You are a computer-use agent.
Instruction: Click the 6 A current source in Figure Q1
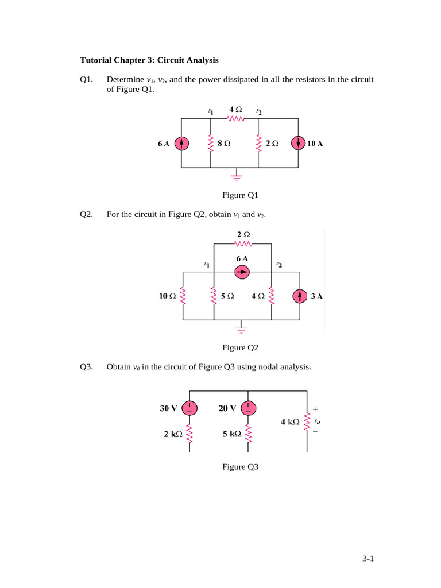[181, 144]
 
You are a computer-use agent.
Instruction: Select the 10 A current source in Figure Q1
[298, 144]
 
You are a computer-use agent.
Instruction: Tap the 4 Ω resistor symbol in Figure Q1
[236, 119]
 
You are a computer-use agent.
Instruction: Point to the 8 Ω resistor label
[224, 144]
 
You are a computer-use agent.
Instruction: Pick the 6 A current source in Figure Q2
[242, 272]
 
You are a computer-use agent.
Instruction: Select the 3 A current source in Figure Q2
[299, 296]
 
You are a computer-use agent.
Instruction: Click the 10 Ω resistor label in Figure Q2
[168, 296]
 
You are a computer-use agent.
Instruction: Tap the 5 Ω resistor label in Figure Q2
[227, 296]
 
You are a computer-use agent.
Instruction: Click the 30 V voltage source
[189, 408]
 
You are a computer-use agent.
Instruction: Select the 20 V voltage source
[248, 408]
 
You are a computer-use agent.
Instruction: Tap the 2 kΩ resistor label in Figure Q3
[173, 435]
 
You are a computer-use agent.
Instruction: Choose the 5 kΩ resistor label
[232, 435]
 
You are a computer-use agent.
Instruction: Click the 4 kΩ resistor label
[290, 422]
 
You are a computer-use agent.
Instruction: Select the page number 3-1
[367, 558]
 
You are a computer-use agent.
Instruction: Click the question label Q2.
[87, 215]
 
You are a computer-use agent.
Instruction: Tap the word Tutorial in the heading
[95, 60]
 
